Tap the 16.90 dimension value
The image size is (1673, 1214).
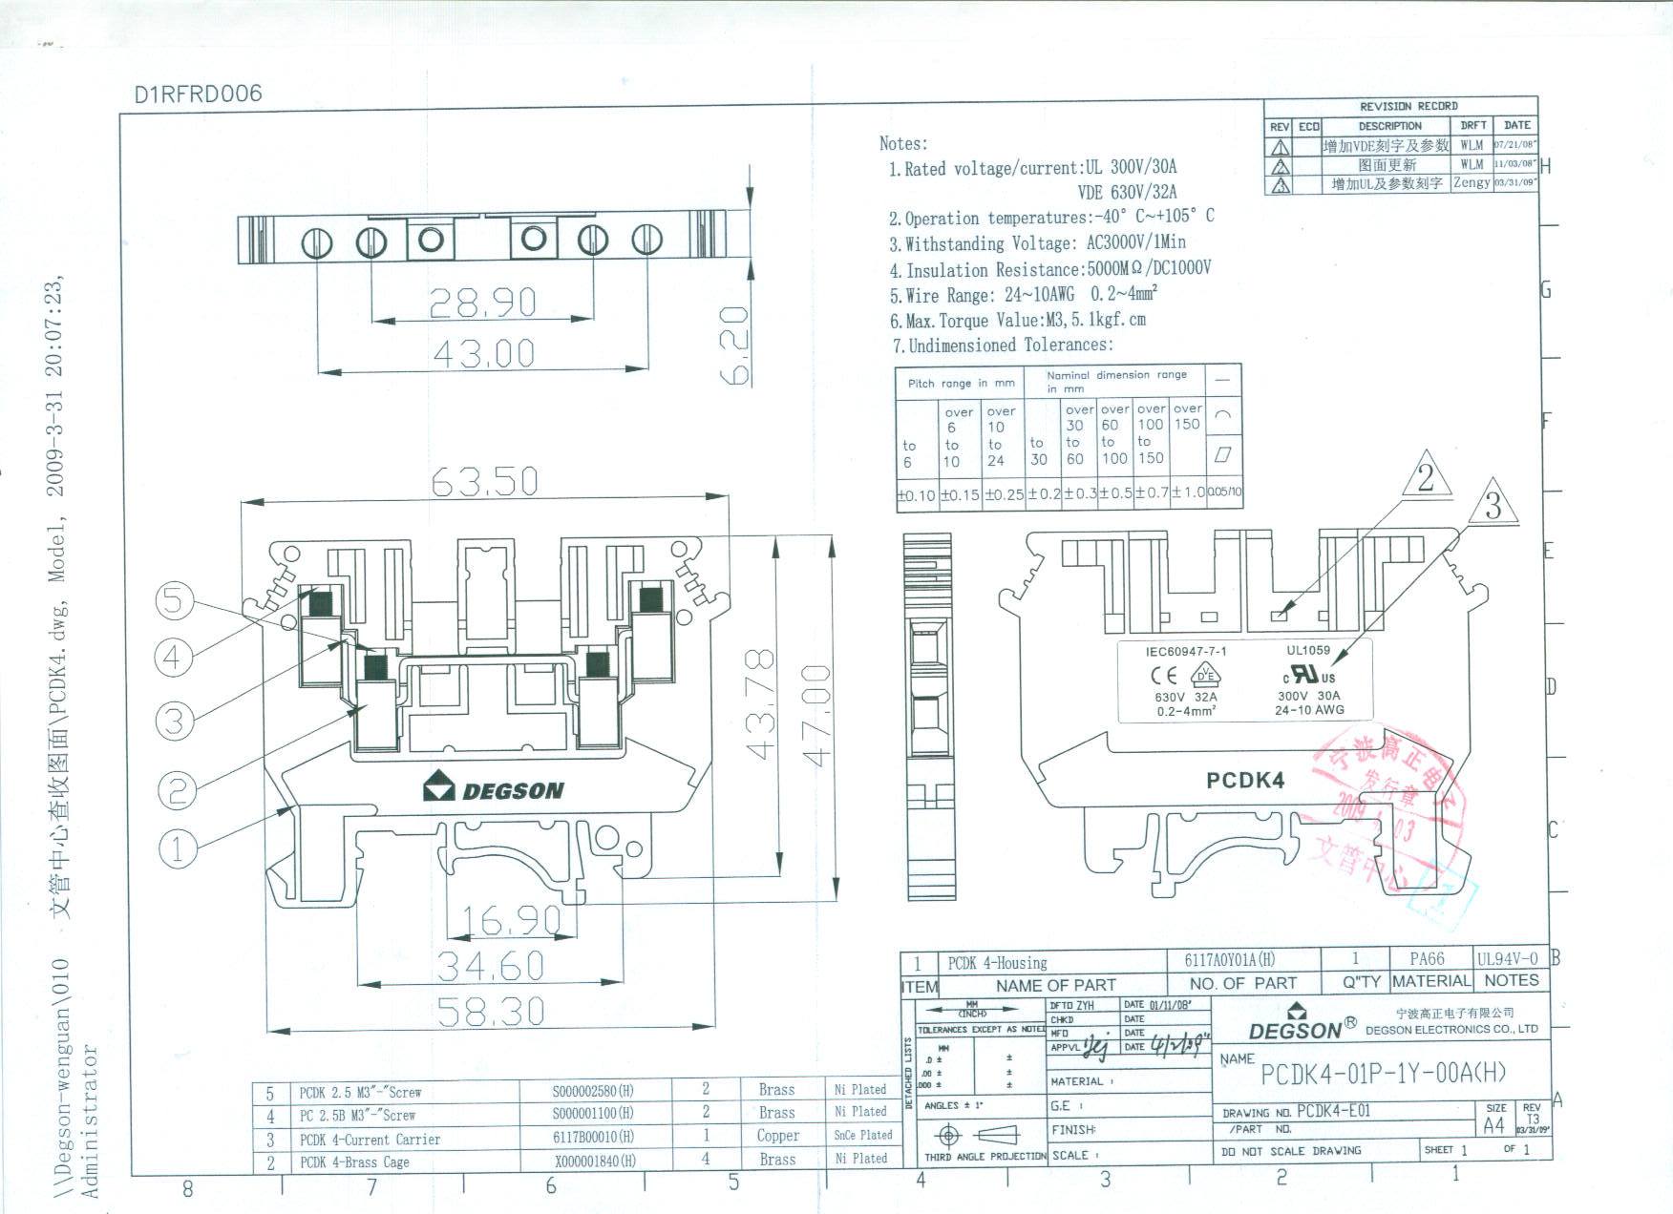[511, 920]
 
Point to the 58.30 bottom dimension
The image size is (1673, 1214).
[491, 1011]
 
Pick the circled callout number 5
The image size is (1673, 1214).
[174, 600]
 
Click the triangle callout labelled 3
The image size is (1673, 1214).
[1493, 504]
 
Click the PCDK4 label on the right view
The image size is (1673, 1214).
[1245, 781]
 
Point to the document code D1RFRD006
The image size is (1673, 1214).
[198, 94]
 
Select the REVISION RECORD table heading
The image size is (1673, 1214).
[1408, 106]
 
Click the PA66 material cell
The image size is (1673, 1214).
[1427, 958]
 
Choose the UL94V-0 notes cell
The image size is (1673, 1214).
[1508, 958]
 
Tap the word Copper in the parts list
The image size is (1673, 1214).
[777, 1136]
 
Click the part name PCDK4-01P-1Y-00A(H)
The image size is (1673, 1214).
[1383, 1074]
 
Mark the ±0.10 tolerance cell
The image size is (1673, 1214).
[916, 495]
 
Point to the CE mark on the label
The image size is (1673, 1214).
[1163, 676]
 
